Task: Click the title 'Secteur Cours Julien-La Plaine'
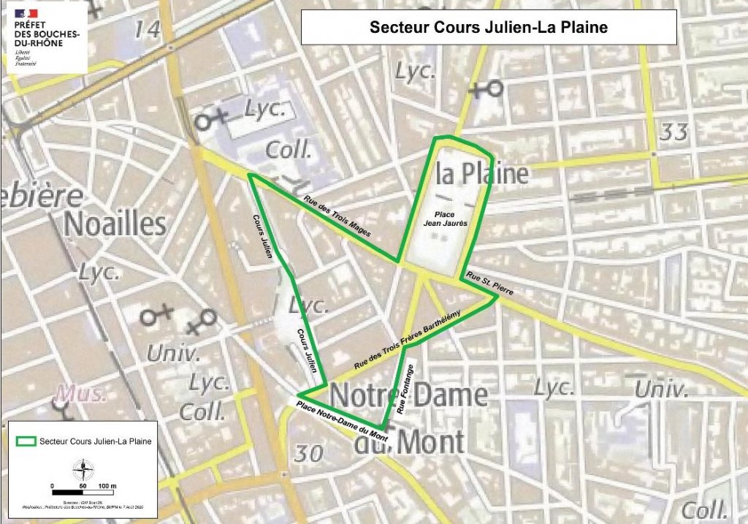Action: pyautogui.click(x=489, y=28)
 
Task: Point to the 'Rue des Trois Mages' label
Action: pyautogui.click(x=337, y=217)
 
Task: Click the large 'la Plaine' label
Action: pyautogui.click(x=481, y=174)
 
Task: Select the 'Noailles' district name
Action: pyautogui.click(x=115, y=224)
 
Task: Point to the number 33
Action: pyautogui.click(x=673, y=132)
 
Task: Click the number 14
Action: pyautogui.click(x=147, y=30)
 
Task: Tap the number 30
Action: pyautogui.click(x=308, y=453)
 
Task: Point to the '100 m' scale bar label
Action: pyautogui.click(x=108, y=485)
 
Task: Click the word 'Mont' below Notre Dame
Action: pyautogui.click(x=430, y=441)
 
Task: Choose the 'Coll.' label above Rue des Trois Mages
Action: pyautogui.click(x=289, y=151)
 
